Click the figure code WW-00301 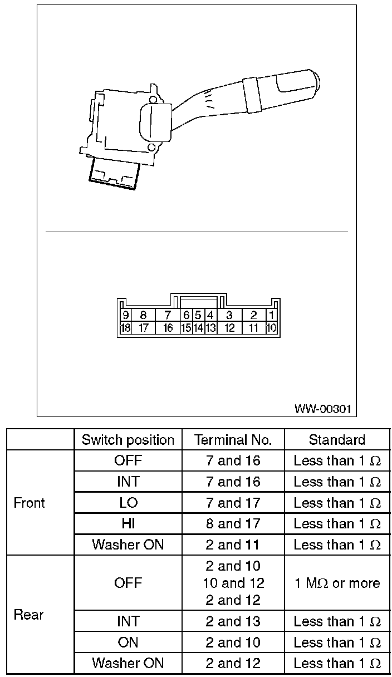323,409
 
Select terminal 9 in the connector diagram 125,315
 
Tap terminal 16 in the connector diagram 168,328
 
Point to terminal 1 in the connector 272,315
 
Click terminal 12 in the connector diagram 229,328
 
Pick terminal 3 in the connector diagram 229,315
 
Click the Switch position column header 128,440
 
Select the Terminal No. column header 233,440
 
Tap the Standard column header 337,440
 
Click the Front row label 29,503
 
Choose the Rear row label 28,615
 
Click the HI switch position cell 128,524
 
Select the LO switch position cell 128,503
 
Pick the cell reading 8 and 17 233,524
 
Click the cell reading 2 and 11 233,545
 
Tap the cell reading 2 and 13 233,621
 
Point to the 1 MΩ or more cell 337,583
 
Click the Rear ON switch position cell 128,642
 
